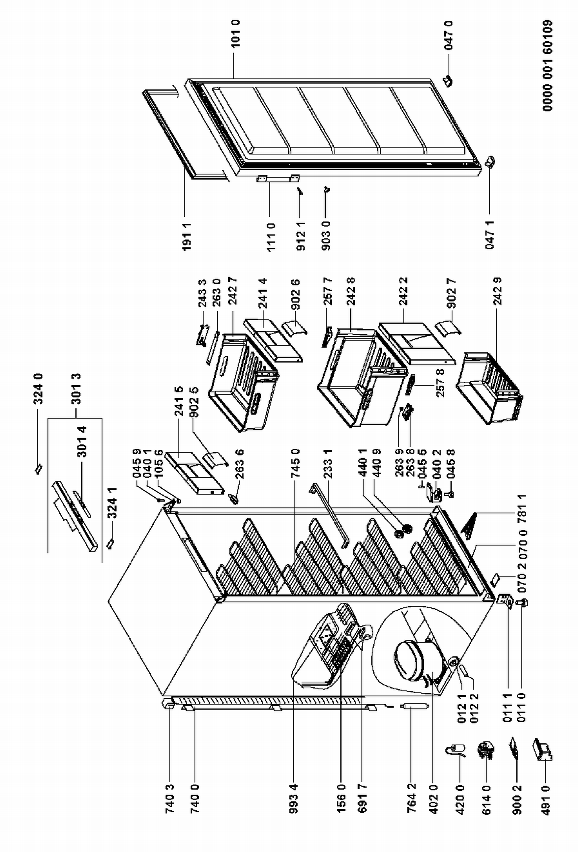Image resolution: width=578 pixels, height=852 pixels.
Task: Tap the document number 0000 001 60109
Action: tap(548, 66)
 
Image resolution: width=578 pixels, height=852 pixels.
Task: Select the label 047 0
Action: tap(449, 35)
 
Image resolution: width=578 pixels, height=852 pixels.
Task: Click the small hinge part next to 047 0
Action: tap(448, 81)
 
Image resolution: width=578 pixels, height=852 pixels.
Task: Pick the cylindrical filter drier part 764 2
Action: tap(411, 707)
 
